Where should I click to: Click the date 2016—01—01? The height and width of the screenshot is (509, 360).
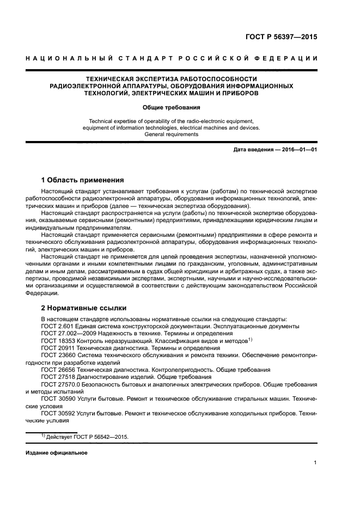coord(297,149)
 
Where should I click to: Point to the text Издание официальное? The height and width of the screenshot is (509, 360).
coord(57,452)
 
